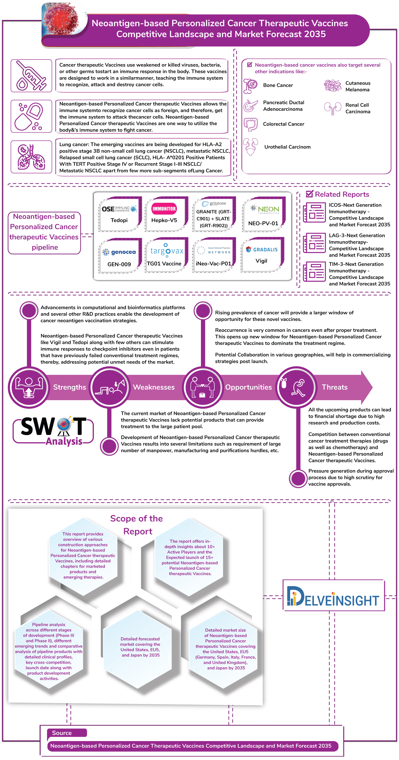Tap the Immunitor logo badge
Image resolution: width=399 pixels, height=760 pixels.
164,209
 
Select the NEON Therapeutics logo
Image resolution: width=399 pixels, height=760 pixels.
264,209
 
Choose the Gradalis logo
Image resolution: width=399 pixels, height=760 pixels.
262,249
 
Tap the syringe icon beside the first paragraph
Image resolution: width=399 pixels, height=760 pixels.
31,75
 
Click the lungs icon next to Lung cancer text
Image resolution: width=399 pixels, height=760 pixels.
31,157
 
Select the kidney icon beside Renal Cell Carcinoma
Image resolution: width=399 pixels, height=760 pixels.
333,108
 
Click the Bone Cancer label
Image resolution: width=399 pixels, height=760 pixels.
278,85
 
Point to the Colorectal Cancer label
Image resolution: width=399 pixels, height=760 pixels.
283,124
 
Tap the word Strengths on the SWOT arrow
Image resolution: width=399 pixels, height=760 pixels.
70,387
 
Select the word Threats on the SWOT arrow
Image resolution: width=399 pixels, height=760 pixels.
334,387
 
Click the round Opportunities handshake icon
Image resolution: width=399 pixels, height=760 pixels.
202,387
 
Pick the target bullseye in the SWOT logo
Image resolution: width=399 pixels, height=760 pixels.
64,425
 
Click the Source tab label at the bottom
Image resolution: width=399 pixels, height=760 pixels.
62,733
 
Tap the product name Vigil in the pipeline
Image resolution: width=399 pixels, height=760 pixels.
261,261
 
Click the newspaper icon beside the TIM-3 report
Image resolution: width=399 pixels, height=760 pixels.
314,272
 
